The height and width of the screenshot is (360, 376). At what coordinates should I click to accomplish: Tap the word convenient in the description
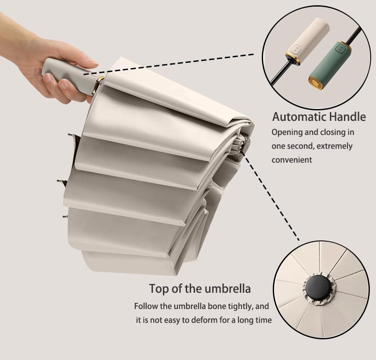(x=292, y=160)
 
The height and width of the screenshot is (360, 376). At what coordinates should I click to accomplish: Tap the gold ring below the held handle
(x=100, y=85)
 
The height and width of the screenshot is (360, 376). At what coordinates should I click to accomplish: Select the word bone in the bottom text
(x=215, y=306)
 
